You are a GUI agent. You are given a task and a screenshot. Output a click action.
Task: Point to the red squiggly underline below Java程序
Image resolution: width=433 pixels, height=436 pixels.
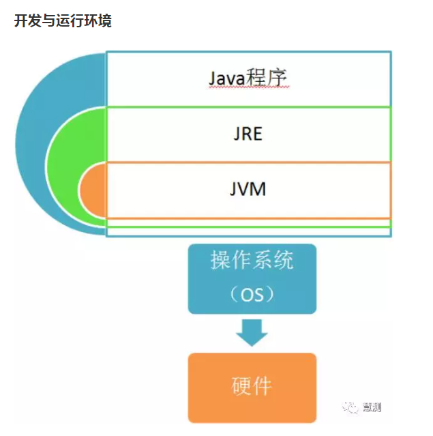tap(249, 89)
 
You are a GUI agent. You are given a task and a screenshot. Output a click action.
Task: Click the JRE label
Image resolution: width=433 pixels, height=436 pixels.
tap(248, 133)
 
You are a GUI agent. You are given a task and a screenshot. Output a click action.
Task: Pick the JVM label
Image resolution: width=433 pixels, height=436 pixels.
tap(248, 188)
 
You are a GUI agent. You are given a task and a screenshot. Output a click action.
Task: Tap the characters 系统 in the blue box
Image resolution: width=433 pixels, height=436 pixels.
tap(273, 260)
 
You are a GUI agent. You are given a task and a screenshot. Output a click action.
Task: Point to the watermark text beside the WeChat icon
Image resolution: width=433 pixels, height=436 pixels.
tap(372, 407)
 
